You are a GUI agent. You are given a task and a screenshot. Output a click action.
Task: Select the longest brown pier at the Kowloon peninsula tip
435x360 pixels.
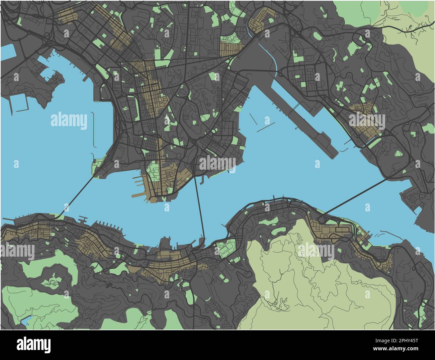tap(139, 195)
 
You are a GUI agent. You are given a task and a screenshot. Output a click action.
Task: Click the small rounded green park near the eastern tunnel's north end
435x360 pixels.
tap(398, 154)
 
